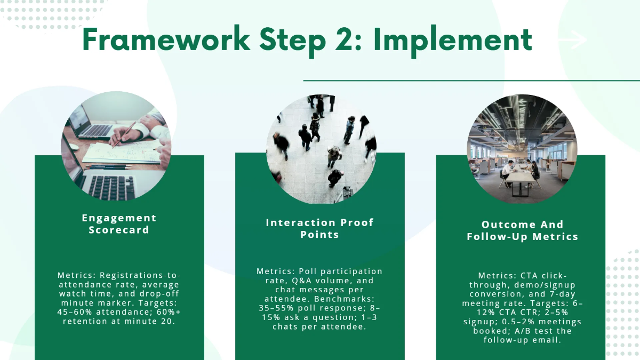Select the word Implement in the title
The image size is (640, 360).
(x=453, y=42)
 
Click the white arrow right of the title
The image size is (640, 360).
(x=572, y=39)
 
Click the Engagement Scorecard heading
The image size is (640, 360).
(x=119, y=223)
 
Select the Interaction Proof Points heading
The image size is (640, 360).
(x=319, y=228)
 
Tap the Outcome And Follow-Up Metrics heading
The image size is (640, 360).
(x=522, y=230)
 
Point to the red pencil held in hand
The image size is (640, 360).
(x=124, y=135)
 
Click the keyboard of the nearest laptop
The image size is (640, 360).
(x=112, y=187)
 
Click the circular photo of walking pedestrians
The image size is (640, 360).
(x=321, y=149)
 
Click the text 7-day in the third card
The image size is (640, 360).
(x=562, y=294)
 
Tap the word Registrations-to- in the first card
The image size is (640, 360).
(x=140, y=275)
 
